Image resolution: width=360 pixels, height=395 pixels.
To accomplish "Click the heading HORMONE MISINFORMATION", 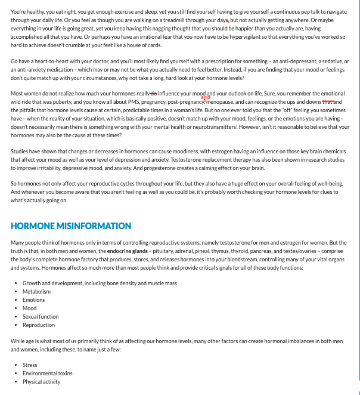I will coord(71,226).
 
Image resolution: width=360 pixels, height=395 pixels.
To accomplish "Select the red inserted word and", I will coord(206,97).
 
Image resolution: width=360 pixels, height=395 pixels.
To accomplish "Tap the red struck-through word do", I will coord(154,94).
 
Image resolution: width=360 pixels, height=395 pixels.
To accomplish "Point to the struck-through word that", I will coord(328,102).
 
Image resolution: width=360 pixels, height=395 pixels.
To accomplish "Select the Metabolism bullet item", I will coord(36,292).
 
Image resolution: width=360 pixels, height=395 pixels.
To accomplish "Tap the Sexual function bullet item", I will coord(41,317).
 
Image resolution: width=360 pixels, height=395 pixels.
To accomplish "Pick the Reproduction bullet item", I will coord(39,325).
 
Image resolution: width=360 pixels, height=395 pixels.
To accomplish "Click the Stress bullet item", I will coord(30,365).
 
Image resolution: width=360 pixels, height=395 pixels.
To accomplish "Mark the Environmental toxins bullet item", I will coord(48,374).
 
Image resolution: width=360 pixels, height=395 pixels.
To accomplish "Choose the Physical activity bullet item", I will coord(42,382).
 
